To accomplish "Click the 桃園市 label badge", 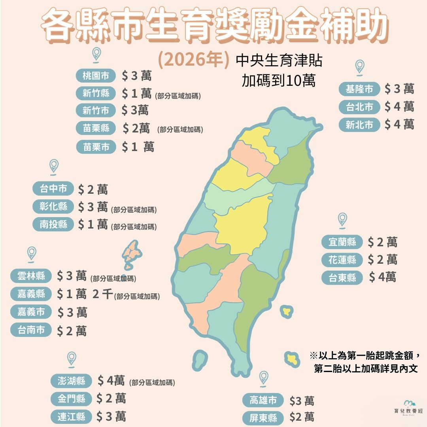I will tap(96, 76).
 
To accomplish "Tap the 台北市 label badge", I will tap(359, 107).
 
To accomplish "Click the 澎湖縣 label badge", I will tap(72, 381).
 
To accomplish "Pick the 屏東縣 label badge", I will tap(263, 418).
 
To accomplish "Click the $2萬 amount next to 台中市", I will tap(93, 190).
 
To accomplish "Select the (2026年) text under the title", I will tap(194, 60).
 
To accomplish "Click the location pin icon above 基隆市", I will tap(359, 66).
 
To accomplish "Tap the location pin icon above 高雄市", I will tap(264, 378).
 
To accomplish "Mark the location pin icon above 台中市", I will tap(54, 166).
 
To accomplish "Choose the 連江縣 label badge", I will tap(72, 416).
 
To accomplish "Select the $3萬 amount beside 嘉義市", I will tap(72, 313).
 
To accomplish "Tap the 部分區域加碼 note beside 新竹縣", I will tap(178, 96).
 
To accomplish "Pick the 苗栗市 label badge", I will tap(96, 147).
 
